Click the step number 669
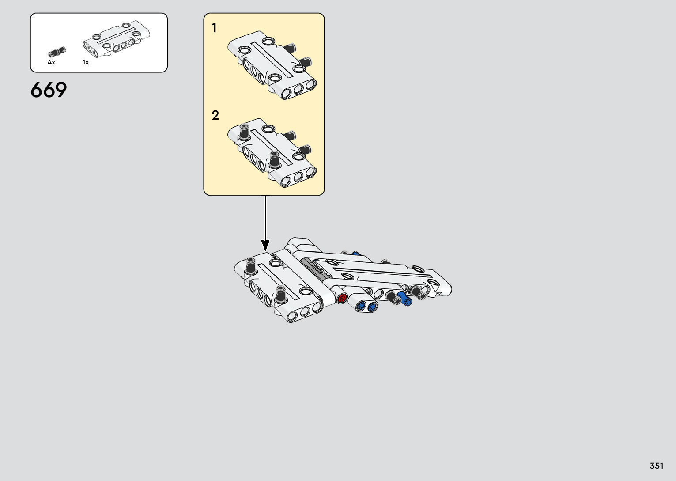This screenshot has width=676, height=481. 49,90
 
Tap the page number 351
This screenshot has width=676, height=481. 657,466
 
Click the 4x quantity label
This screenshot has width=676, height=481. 51,63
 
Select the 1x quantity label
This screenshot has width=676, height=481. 86,63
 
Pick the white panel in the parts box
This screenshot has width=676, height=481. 117,40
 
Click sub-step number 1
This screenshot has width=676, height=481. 214,28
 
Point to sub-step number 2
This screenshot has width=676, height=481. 215,115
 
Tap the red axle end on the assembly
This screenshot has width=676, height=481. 342,299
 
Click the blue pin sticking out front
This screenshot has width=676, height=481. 404,298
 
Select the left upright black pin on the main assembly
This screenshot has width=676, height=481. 250,265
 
